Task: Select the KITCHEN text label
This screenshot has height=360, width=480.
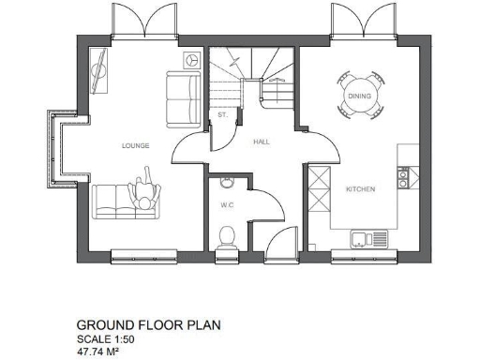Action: (x=360, y=189)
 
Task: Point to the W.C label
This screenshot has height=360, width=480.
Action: (x=226, y=204)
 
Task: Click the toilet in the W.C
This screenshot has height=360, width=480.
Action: (x=225, y=236)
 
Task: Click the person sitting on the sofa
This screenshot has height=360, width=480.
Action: (x=145, y=193)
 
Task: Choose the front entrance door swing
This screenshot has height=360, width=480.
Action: (x=279, y=242)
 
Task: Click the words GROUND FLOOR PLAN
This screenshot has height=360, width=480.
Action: (x=148, y=325)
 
